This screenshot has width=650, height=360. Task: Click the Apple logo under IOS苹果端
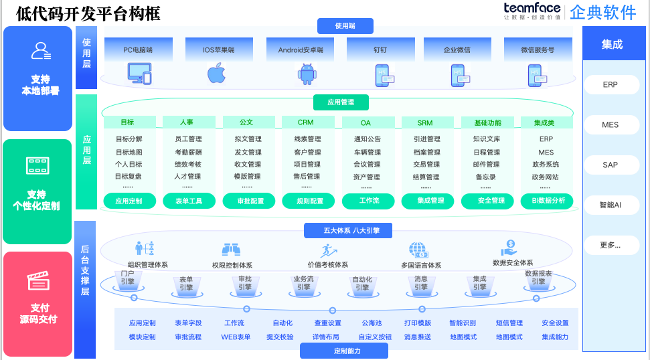point(216,73)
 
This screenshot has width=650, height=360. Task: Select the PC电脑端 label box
point(139,50)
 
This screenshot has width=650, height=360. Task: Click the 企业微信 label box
point(457,50)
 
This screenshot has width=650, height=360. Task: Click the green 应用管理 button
point(341,102)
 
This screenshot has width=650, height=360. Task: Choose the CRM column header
point(306,122)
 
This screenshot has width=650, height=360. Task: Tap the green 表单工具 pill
point(188,200)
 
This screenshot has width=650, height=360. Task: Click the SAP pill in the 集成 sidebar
point(611,165)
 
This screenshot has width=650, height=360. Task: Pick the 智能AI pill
point(611,205)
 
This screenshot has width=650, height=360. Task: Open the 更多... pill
point(611,245)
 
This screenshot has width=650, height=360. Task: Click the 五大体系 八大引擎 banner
point(347,230)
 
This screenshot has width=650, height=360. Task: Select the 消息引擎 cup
point(421,283)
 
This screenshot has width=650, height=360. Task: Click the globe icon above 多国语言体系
point(419,250)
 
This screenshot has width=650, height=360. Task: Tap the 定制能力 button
point(347,351)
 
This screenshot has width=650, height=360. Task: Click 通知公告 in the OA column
point(367,139)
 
